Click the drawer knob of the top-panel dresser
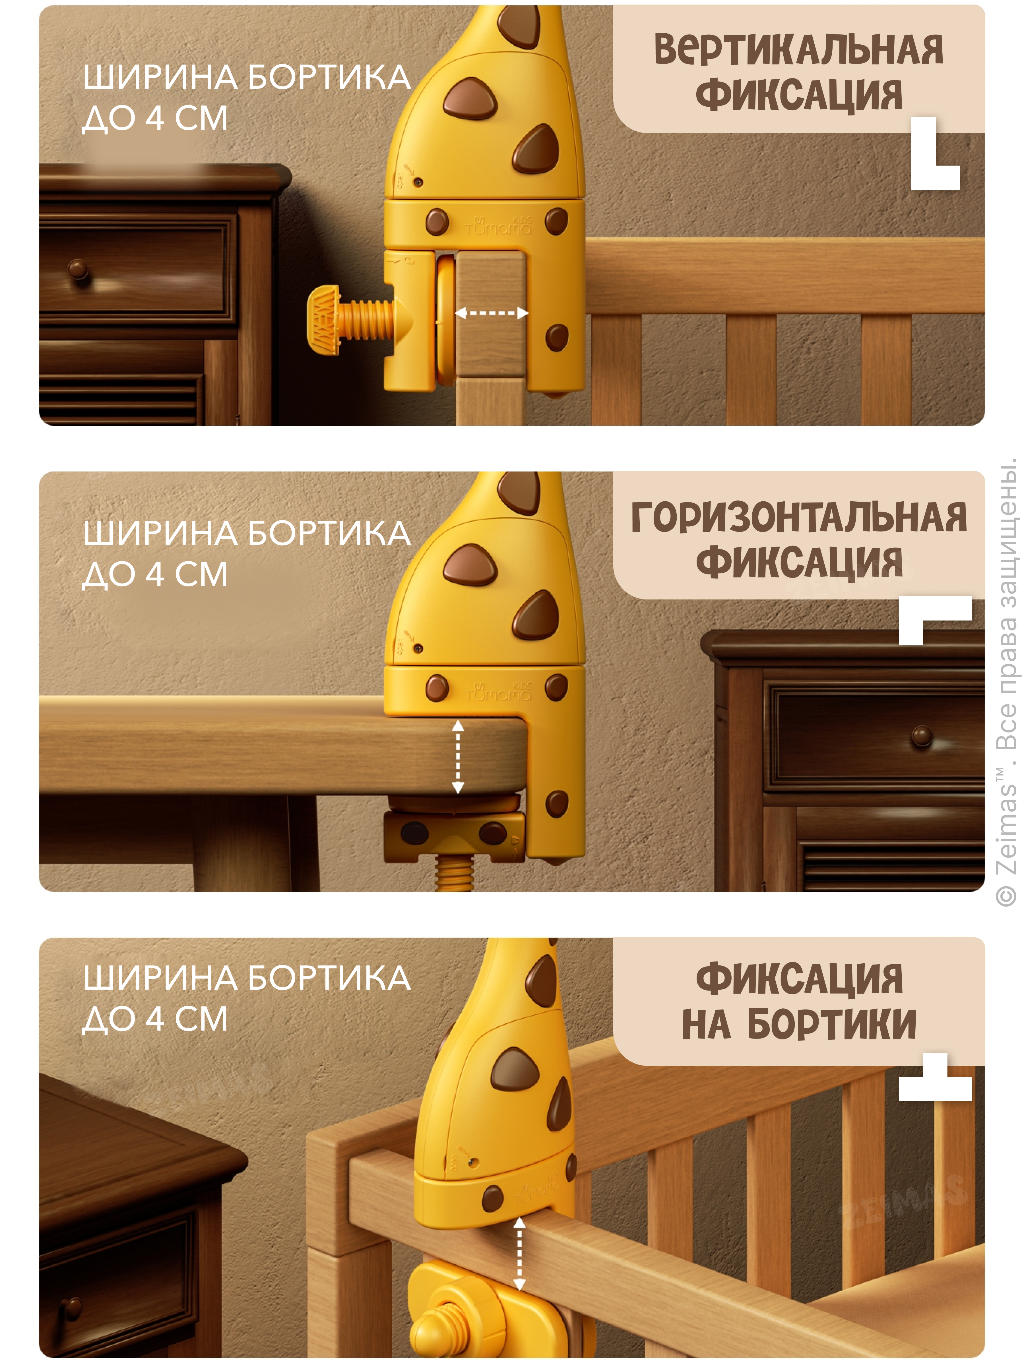(79, 270)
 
